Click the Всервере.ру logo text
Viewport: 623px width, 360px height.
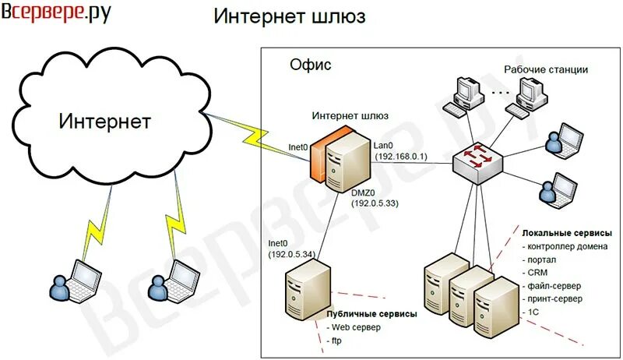pos(56,14)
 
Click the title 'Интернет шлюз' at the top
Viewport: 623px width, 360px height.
pos(289,16)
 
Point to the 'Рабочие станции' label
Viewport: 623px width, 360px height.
pos(545,69)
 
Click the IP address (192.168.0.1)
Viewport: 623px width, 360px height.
pos(402,157)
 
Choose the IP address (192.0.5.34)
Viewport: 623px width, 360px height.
pos(292,254)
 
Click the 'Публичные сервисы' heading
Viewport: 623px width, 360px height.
pos(371,313)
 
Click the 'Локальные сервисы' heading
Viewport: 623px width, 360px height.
pos(566,233)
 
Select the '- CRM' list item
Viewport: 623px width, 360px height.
pos(537,273)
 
